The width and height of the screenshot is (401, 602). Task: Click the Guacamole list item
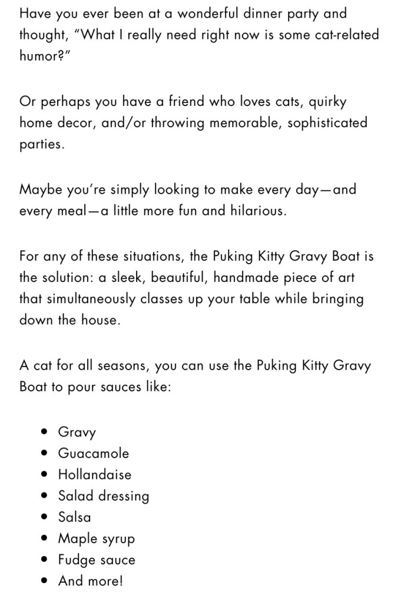(x=93, y=453)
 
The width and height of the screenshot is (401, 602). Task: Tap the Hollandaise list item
(x=94, y=474)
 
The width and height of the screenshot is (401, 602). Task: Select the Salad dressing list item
(x=103, y=496)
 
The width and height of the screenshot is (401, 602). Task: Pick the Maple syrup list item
(x=96, y=539)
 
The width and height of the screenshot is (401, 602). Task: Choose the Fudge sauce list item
(x=96, y=560)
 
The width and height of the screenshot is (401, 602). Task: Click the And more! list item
(x=90, y=581)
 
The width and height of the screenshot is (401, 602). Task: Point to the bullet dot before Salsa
(x=45, y=517)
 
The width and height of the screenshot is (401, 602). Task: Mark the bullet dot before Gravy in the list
(x=45, y=432)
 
